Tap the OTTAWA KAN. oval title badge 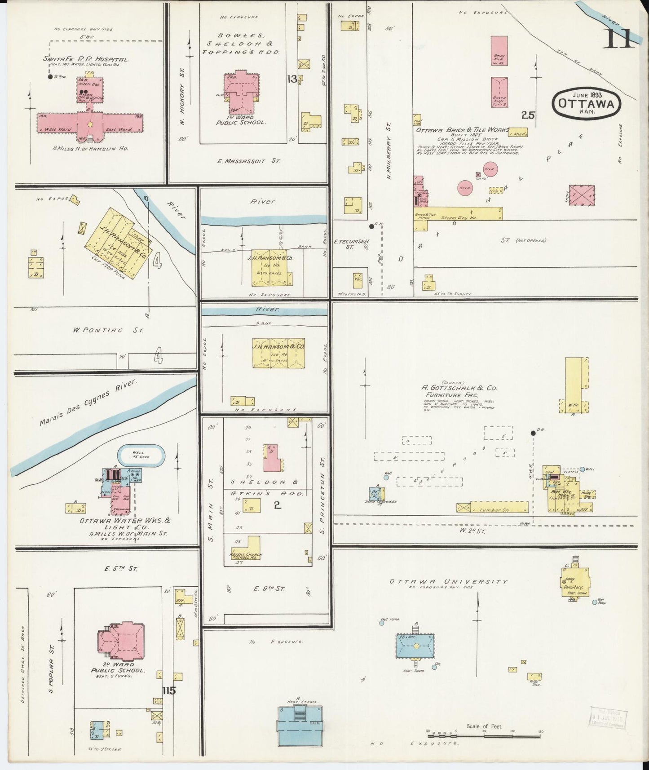(x=587, y=103)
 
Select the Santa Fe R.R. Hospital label (x=86, y=59)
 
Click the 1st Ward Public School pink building (x=241, y=93)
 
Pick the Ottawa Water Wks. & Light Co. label (x=119, y=524)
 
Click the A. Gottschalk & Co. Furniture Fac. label (x=459, y=391)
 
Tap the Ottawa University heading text (x=448, y=581)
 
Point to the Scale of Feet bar (x=484, y=736)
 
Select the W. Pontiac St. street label (x=108, y=330)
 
